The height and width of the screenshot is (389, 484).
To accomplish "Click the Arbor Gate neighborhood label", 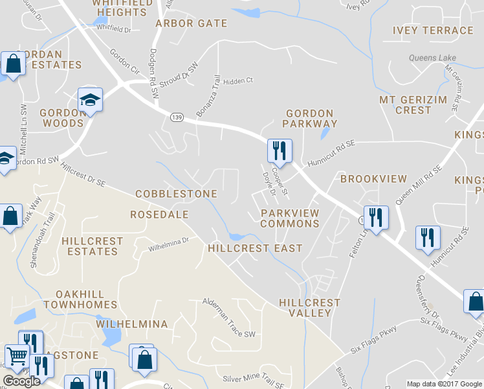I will tap(191, 23).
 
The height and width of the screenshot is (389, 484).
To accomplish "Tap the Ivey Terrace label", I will tap(433, 30).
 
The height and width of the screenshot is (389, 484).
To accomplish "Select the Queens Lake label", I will tap(432, 58).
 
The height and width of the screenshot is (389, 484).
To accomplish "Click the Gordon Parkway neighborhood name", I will tap(311, 119).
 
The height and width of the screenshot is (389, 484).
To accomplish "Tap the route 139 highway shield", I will tap(177, 117).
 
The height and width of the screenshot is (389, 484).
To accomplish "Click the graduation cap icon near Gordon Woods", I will tap(91, 100).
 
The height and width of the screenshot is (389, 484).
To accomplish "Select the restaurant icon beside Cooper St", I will tap(280, 150).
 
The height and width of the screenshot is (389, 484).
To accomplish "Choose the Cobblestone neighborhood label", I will tap(176, 194).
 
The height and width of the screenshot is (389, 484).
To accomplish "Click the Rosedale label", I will tap(159, 214).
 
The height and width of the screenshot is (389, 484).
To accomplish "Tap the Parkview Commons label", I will tap(290, 218).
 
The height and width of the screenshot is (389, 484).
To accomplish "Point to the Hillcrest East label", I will tap(255, 248).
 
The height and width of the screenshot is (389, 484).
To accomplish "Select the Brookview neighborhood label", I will tap(373, 179).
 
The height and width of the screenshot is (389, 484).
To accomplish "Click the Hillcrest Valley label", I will tap(309, 308).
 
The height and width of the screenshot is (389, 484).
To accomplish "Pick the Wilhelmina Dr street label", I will tap(168, 244).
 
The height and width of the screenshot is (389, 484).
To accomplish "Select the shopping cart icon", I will tap(16, 356).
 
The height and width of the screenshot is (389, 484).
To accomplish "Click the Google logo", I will tap(21, 381).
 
